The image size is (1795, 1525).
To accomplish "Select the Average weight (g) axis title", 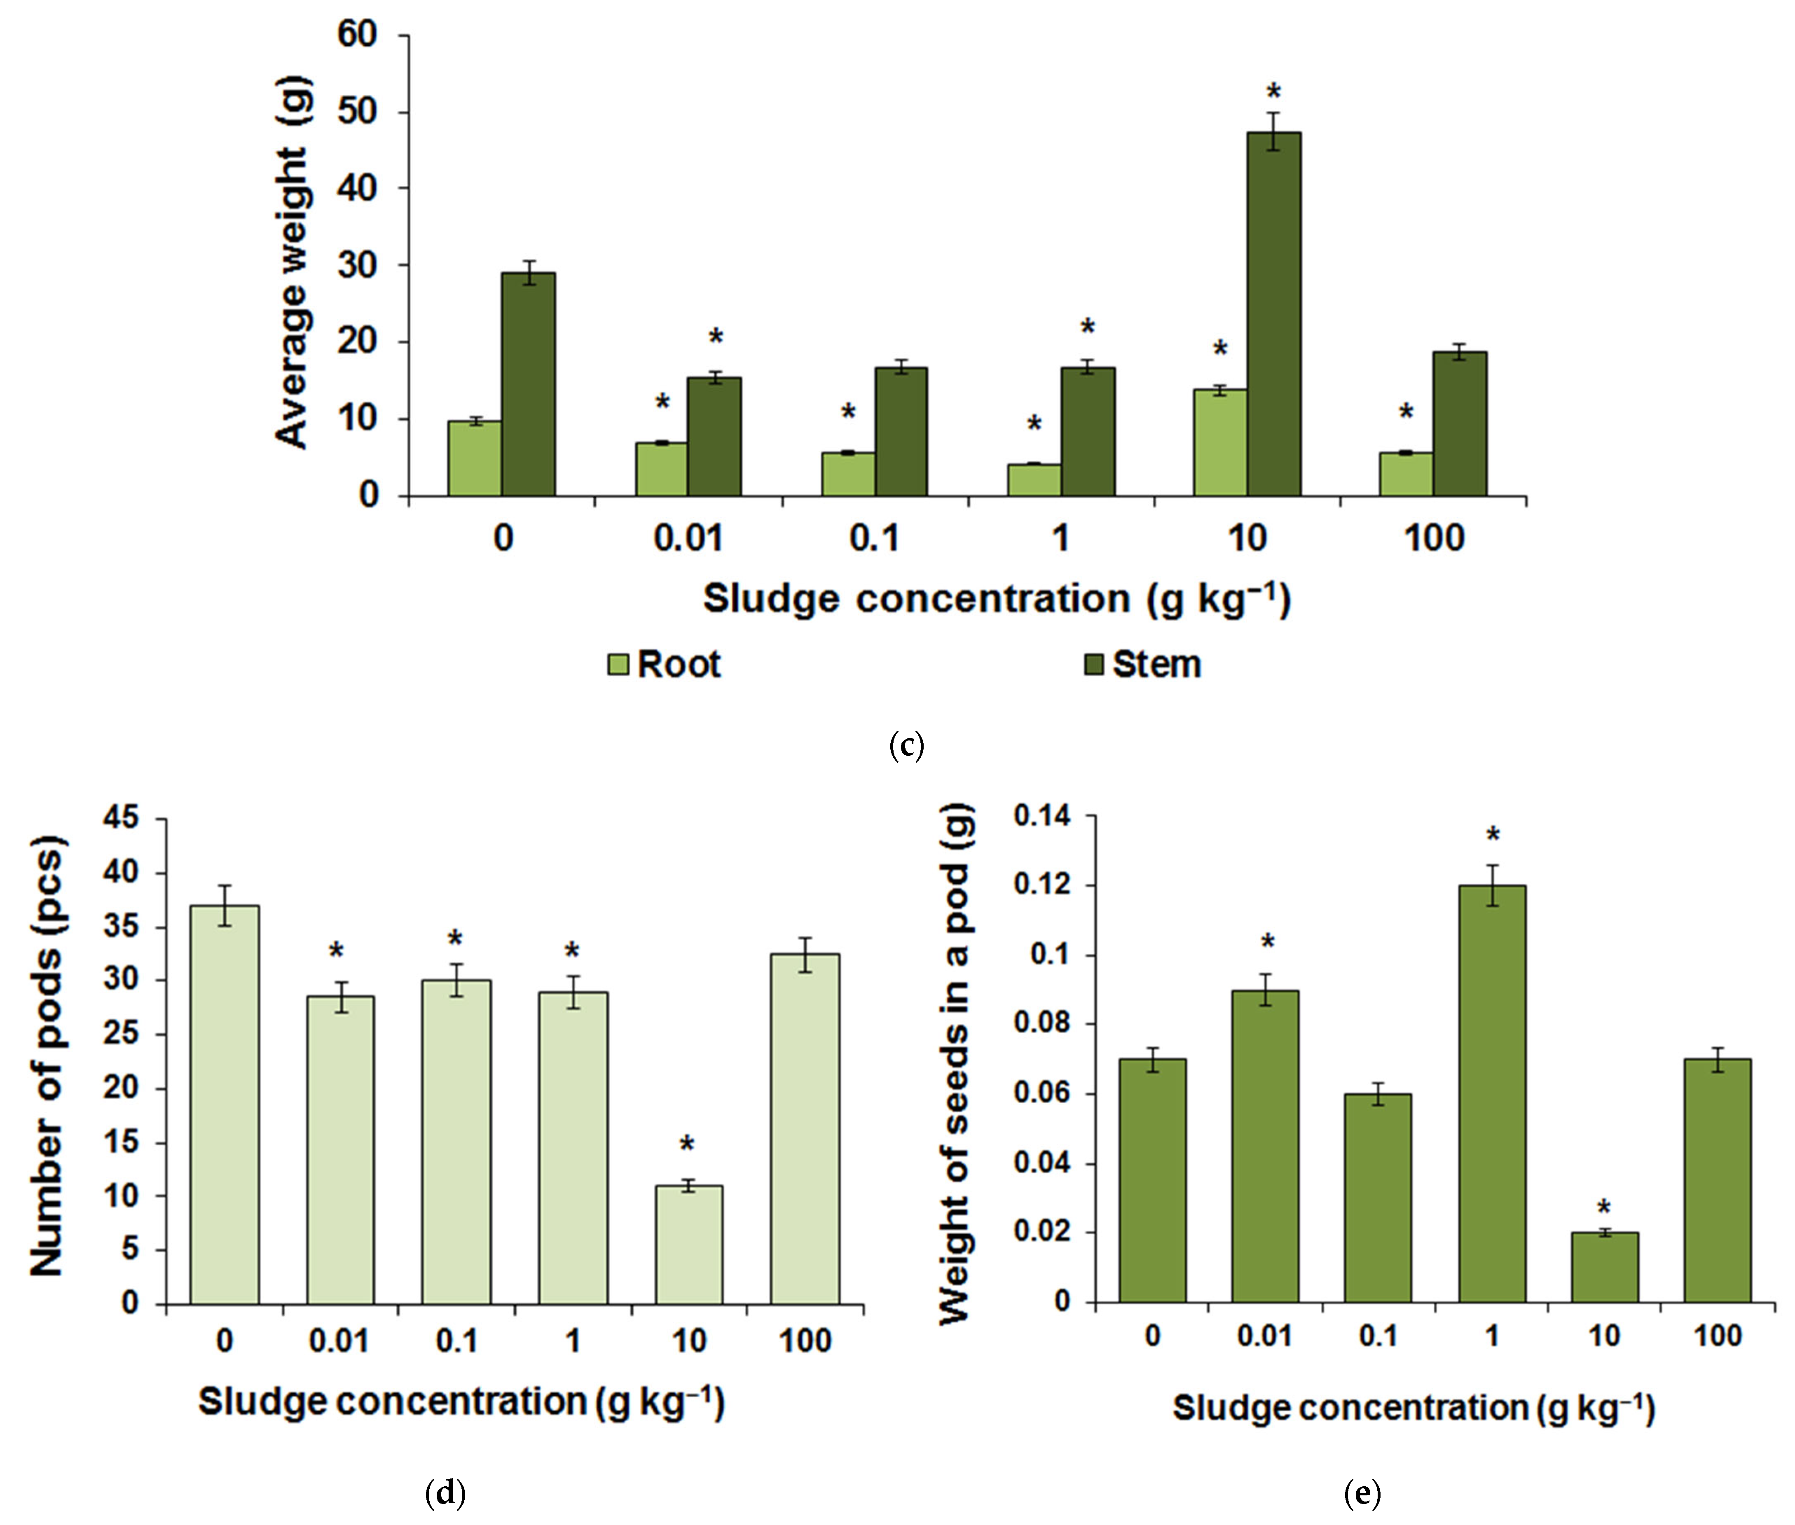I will tap(292, 264).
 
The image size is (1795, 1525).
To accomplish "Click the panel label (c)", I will tap(906, 745).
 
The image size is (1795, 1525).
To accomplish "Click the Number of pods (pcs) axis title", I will tap(47, 1056).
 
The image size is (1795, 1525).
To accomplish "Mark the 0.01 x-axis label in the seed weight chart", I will tap(1264, 1336).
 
